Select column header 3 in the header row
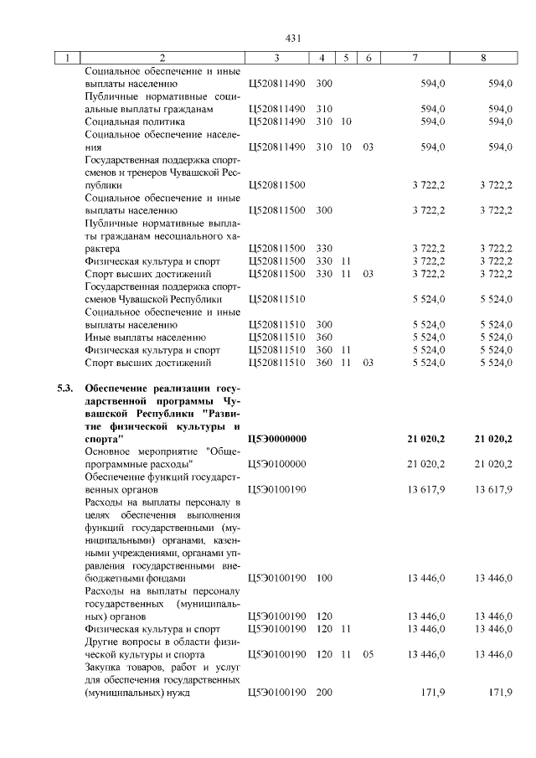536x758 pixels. [276, 58]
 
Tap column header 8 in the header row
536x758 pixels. [483, 58]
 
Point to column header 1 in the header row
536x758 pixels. [66, 58]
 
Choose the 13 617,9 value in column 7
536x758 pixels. [425, 489]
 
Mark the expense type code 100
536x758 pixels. [325, 578]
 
